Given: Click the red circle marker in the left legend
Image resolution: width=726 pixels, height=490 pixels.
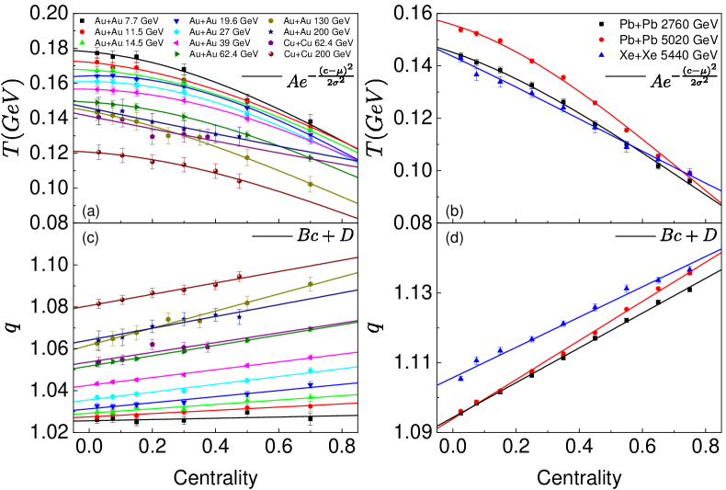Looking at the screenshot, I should pyautogui.click(x=82, y=32).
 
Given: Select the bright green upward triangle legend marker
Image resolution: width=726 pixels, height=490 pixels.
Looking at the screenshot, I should pyautogui.click(x=82, y=42).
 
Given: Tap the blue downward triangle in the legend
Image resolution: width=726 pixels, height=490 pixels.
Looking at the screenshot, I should pyautogui.click(x=176, y=21).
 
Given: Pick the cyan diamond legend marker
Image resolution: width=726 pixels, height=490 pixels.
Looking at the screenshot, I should pyautogui.click(x=176, y=32).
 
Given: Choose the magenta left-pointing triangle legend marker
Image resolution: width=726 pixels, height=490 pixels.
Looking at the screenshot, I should pyautogui.click(x=176, y=43).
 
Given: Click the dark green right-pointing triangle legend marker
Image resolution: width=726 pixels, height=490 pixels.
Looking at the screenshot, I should pyautogui.click(x=176, y=54).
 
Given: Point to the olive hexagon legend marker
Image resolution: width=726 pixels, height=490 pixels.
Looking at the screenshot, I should pyautogui.click(x=270, y=21).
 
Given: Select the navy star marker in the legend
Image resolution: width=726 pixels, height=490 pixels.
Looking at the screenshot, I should pyautogui.click(x=270, y=32).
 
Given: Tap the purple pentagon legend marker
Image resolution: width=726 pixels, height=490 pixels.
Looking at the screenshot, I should pyautogui.click(x=270, y=43).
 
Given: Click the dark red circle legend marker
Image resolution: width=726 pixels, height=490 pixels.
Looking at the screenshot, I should pyautogui.click(x=270, y=54).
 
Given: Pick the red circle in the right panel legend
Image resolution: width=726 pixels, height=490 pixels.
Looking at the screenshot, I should pyautogui.click(x=601, y=40).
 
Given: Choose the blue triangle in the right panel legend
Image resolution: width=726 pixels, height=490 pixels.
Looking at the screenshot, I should pyautogui.click(x=601, y=55).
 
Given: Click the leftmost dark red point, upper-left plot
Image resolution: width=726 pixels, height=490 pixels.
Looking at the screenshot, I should pyautogui.click(x=98, y=152).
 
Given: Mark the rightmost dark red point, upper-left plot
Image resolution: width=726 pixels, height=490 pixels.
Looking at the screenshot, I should pyautogui.click(x=239, y=181).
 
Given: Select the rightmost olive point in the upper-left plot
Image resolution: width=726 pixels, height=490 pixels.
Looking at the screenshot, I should pyautogui.click(x=311, y=184).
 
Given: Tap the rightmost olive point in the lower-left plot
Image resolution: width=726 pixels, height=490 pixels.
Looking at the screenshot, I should pyautogui.click(x=311, y=284).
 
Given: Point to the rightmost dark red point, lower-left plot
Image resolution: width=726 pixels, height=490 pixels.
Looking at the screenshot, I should pyautogui.click(x=239, y=276).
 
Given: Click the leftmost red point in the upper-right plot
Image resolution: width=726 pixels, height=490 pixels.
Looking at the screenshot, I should pyautogui.click(x=460, y=29).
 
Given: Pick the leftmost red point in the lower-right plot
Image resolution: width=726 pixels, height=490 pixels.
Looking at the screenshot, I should pyautogui.click(x=460, y=411).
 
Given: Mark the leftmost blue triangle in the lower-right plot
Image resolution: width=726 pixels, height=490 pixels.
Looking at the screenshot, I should pyautogui.click(x=460, y=378).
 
